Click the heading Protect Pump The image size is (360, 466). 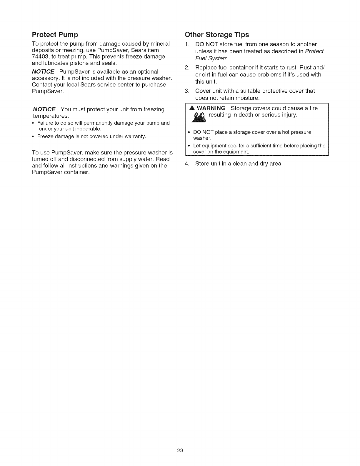click(x=55, y=35)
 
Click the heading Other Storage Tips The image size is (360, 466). click(x=217, y=35)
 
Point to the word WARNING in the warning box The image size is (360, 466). click(x=211, y=108)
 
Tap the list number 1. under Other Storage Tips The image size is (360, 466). click(x=187, y=44)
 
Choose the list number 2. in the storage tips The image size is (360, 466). click(x=187, y=68)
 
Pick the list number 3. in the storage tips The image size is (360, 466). click(x=187, y=91)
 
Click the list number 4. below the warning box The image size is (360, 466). click(x=187, y=164)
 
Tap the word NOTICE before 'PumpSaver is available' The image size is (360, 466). click(x=43, y=72)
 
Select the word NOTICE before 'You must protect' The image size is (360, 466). click(x=44, y=110)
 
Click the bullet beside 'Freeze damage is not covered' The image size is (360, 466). click(x=34, y=137)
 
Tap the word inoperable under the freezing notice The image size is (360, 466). click(x=88, y=129)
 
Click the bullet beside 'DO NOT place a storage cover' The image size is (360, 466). click(x=189, y=132)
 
